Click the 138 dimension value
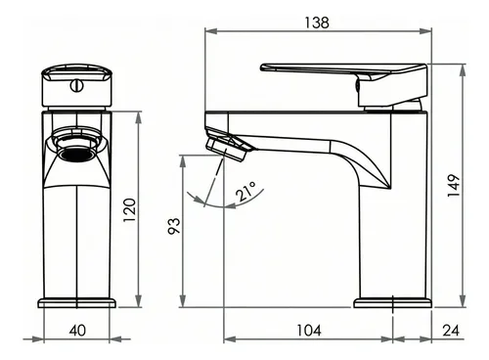317,22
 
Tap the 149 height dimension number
454,186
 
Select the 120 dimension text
129,210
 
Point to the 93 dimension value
174,226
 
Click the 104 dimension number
309,331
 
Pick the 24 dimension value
451,331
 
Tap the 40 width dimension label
77,331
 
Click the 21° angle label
245,192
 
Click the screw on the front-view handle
77,86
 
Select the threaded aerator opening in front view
77,154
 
